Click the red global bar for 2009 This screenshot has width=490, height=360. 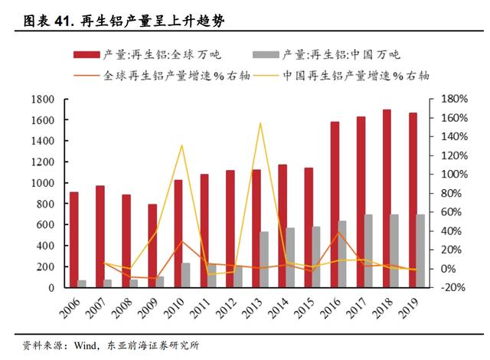tap(152, 245)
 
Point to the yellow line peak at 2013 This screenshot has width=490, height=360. tap(260, 123)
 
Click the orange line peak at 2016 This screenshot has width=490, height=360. tap(338, 233)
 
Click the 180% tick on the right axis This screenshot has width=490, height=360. tap(443, 100)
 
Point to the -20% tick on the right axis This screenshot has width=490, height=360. tap(444, 287)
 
